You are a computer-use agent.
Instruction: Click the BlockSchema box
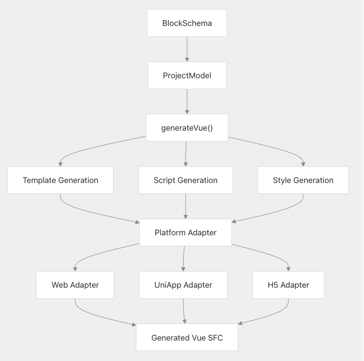[x=187, y=23]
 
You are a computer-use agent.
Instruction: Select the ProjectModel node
[x=187, y=75]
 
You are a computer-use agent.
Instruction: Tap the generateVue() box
[x=187, y=128]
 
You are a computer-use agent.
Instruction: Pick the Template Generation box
[x=60, y=180]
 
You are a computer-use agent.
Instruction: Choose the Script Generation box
[x=185, y=180]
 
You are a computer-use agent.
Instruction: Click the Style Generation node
[x=303, y=180]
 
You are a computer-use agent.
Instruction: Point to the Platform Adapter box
[x=185, y=232]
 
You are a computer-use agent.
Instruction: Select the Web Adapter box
[x=75, y=285]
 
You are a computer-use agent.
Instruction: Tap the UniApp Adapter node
[x=183, y=285]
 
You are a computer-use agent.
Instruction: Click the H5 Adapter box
[x=288, y=285]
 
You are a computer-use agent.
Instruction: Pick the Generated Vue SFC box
[x=187, y=337]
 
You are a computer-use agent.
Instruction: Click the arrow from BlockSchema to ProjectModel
[x=187, y=49]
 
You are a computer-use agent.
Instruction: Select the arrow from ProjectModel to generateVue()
[x=187, y=101]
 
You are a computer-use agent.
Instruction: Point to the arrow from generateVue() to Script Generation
[x=186, y=154]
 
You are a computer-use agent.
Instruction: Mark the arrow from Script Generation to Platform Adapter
[x=185, y=206]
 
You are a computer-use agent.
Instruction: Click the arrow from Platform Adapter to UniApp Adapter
[x=184, y=258]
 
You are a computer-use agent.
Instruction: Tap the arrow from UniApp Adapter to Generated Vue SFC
[x=184, y=311]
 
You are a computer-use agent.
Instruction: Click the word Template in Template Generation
[x=39, y=180]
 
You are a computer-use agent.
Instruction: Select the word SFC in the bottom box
[x=216, y=338]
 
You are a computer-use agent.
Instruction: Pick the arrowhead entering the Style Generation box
[x=303, y=164]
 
